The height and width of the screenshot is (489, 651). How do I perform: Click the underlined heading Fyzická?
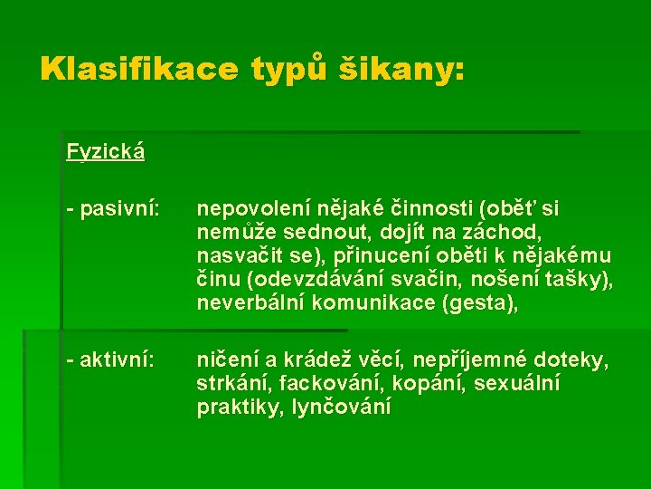point(106,151)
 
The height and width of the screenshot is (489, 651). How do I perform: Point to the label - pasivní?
point(113,210)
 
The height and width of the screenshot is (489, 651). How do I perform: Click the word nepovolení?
point(249,210)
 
